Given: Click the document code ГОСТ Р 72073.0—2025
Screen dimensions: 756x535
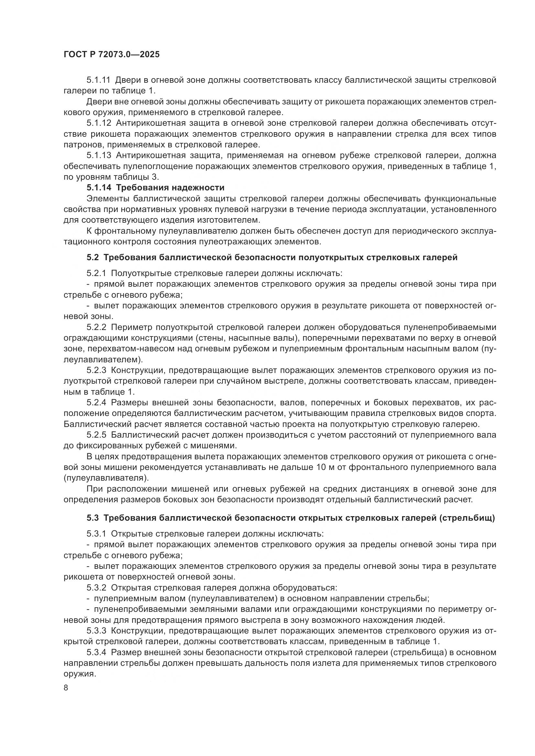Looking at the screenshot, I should tap(112, 55).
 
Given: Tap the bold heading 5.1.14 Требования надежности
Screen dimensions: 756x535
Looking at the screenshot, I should tap(156, 188).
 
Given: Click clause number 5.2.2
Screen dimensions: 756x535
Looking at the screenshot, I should tap(96, 327).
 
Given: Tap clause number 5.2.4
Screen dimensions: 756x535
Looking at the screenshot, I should tap(96, 403).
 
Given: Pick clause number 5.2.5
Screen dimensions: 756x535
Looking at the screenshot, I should tap(96, 435).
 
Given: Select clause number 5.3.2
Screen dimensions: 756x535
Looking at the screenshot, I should tap(96, 588).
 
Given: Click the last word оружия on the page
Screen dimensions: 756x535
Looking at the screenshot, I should tap(79, 674).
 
